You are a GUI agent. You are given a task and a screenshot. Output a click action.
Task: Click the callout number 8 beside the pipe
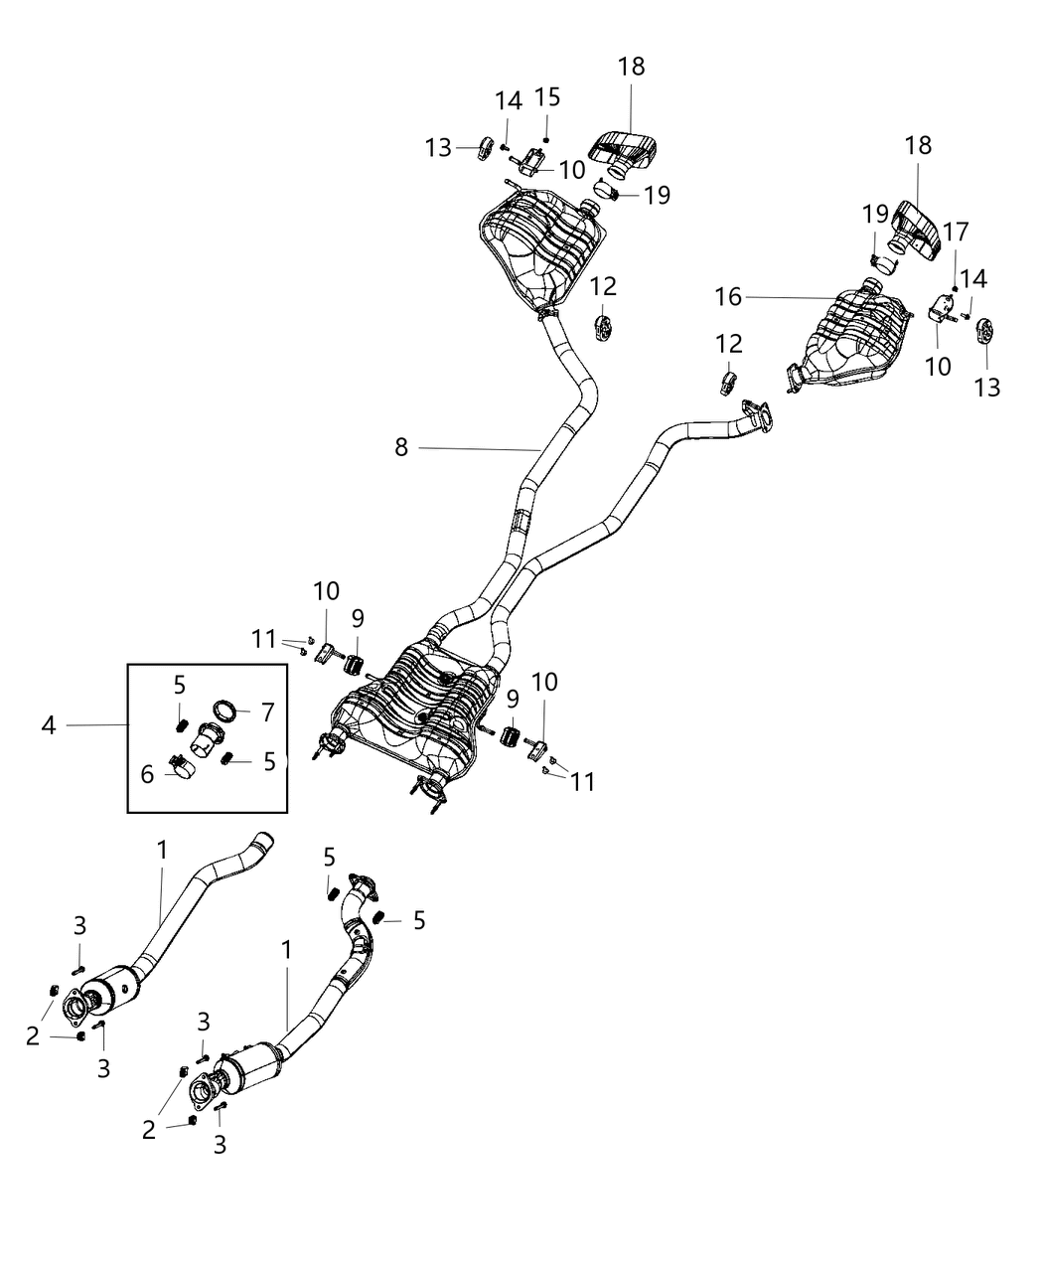400,448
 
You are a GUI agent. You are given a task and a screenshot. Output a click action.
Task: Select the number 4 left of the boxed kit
49,726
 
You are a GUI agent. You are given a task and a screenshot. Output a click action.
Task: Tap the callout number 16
729,296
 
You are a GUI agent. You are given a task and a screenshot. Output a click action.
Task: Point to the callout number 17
955,233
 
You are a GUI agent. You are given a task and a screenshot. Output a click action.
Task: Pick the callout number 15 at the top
547,97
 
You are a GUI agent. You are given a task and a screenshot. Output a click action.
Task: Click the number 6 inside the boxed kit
147,774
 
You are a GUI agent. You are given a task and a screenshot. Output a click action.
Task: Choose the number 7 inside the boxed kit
266,713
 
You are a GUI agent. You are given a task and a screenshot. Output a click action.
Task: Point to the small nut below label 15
545,138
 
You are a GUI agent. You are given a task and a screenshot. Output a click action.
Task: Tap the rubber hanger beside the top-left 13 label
486,148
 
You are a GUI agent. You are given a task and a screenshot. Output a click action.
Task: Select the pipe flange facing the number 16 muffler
758,414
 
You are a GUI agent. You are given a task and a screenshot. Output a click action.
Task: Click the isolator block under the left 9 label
355,663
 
